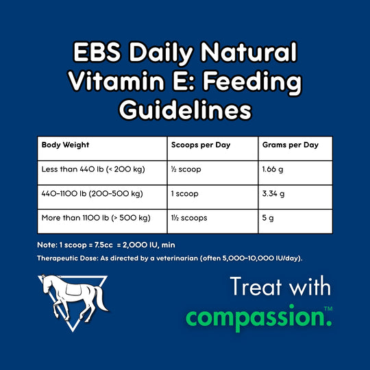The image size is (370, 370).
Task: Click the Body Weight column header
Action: pyautogui.click(x=66, y=145)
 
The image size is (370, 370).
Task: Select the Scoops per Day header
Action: pyautogui.click(x=199, y=145)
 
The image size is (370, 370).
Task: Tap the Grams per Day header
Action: pyautogui.click(x=291, y=145)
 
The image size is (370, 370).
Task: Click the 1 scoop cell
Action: pyautogui.click(x=184, y=194)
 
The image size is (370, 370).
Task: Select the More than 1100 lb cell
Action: pyautogui.click(x=96, y=218)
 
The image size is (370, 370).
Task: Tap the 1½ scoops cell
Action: pyautogui.click(x=189, y=218)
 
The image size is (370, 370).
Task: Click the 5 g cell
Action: pyautogui.click(x=268, y=218)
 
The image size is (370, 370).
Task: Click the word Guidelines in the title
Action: pyautogui.click(x=184, y=110)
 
